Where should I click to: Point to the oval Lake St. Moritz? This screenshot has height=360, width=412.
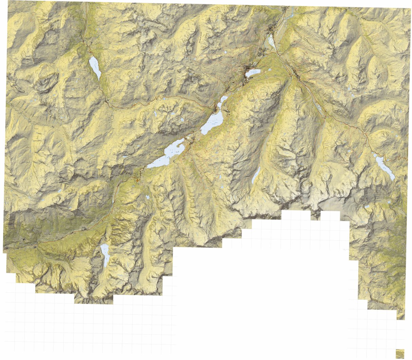pyautogui.click(x=254, y=72)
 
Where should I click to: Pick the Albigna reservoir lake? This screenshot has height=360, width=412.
pyautogui.click(x=105, y=254)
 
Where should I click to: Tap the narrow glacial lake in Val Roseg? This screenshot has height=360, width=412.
pyautogui.click(x=256, y=175)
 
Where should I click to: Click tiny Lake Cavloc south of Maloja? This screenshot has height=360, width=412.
pyautogui.click(x=147, y=197)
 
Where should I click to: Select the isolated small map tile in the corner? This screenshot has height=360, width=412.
pyautogui.click(x=400, y=353)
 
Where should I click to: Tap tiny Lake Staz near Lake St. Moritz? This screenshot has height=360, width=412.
pyautogui.click(x=268, y=70)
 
